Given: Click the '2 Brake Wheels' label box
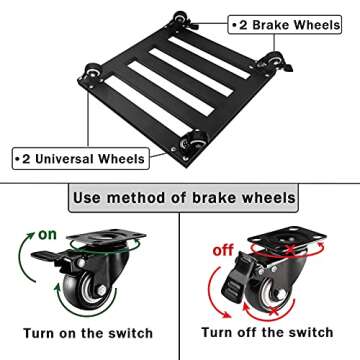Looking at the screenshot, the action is [285, 25].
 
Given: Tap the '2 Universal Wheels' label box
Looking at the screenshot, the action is [81, 159].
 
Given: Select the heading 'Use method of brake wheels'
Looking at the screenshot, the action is [184, 198].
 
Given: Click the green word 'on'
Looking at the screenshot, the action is [47, 234].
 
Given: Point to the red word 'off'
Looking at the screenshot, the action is [223, 250].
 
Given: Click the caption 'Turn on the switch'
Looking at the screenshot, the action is [88, 333].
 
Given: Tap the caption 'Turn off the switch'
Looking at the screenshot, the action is [267, 332].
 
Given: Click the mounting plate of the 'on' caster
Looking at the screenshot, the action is [106, 236].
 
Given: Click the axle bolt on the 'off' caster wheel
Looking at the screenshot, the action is [281, 294].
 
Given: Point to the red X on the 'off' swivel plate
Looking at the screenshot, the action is [291, 249].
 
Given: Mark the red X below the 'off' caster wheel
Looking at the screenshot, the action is [273, 312].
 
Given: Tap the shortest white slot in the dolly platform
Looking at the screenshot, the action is [209, 58].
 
